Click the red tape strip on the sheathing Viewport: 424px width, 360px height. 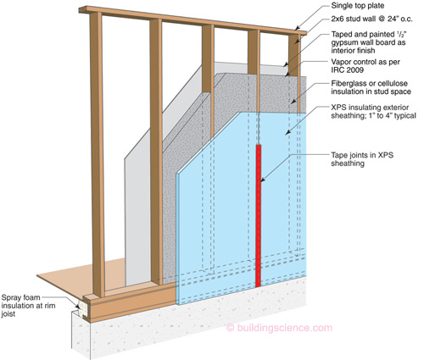pos(258,216)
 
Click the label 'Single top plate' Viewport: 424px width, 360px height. pos(358,5)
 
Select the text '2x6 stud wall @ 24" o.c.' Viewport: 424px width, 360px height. pos(371,19)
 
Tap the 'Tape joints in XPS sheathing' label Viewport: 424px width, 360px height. pos(362,159)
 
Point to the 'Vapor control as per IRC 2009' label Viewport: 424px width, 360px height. pos(365,65)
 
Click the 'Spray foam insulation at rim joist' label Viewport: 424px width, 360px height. pos(28,306)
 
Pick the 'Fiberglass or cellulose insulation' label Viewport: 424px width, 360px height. pos(371,87)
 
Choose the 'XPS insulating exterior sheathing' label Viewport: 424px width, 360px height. pos(373,112)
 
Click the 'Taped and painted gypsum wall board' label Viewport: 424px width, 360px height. pos(369,42)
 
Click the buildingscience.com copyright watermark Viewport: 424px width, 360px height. pos(279,328)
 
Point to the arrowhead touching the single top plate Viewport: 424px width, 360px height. pos(298,28)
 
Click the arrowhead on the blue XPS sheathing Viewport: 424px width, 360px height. pos(287,132)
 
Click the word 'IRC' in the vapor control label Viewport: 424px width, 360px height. pos(338,69)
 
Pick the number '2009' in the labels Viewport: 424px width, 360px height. pos(355,69)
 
